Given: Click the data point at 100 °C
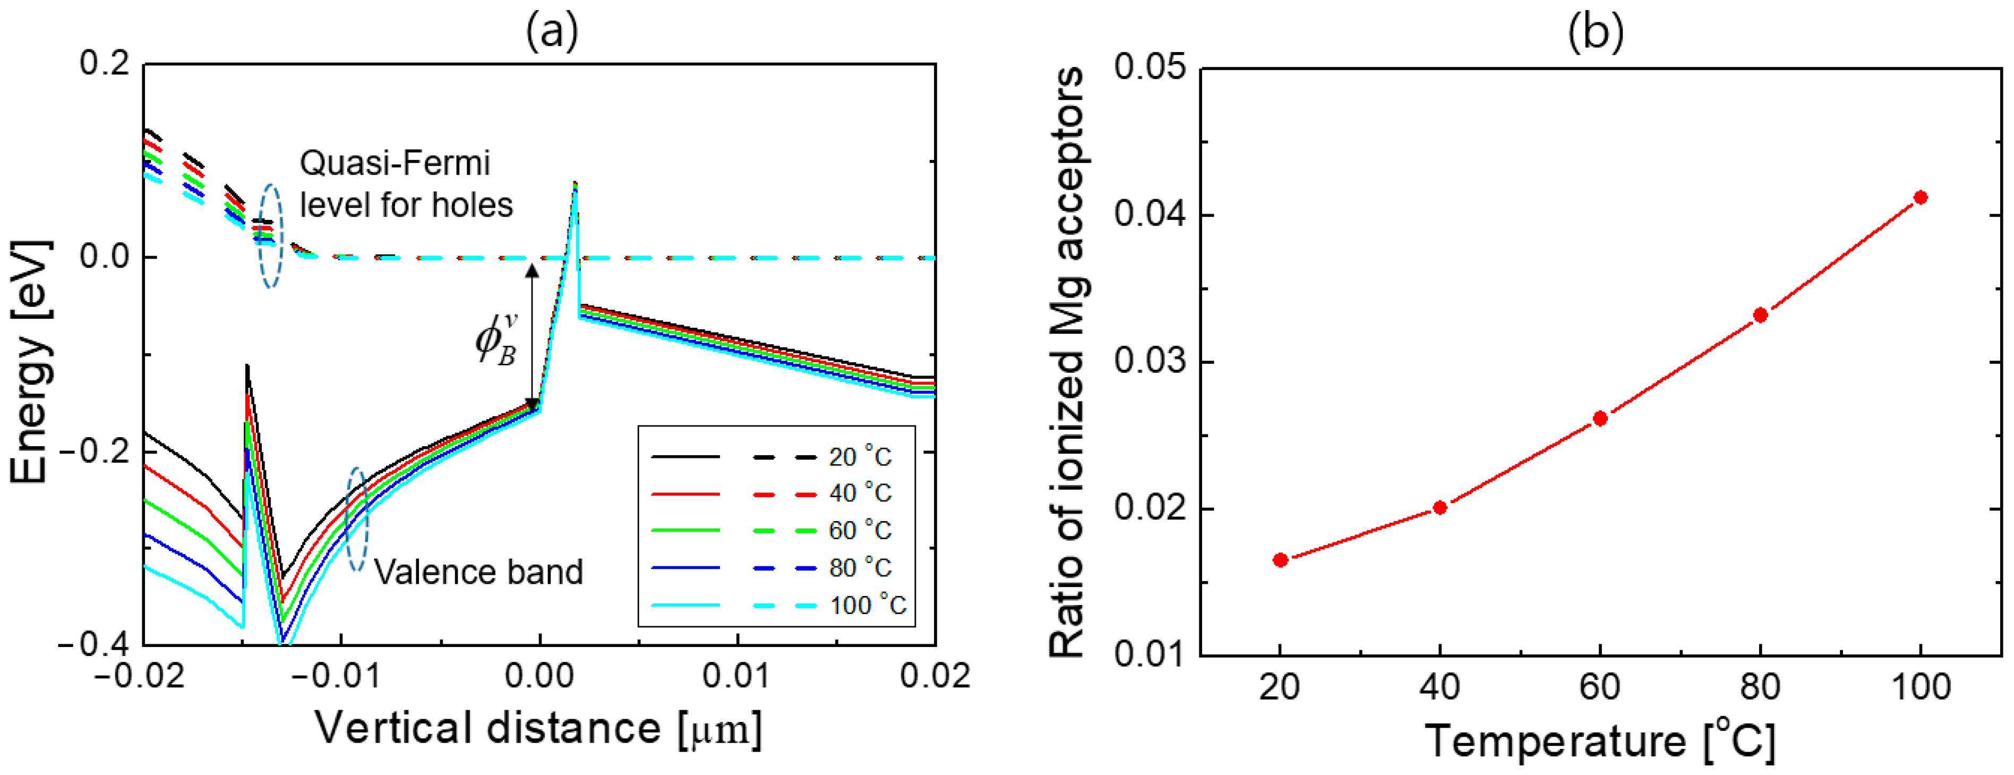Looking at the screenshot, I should click(1920, 197).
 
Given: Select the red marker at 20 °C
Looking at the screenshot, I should click(1281, 560).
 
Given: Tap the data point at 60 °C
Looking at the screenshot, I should click(1600, 419).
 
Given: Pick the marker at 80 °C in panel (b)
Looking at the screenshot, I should click(1761, 315).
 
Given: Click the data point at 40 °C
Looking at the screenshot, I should click(1440, 507).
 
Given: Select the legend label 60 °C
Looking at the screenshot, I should click(860, 530).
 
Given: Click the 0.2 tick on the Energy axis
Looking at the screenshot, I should click(105, 63).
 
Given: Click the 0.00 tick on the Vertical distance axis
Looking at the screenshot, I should click(539, 676).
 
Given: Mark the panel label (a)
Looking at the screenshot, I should click(552, 33).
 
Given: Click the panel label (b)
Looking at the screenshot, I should click(1596, 33).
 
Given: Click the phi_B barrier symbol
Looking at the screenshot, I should click(497, 341).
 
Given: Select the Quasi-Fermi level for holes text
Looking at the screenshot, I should click(406, 184).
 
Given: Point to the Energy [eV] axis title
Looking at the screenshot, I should click(31, 361).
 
